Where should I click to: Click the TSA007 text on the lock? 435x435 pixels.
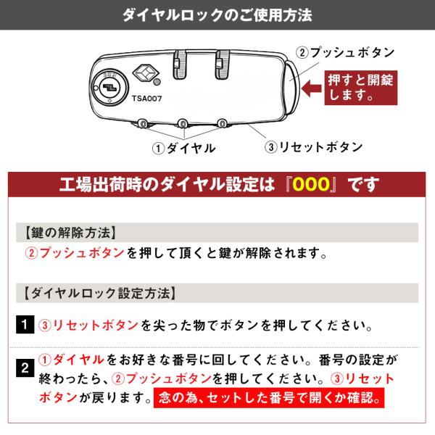coord(146,99)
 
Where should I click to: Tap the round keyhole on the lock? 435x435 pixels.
coord(110,87)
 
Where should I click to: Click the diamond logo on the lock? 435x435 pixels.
coord(146,73)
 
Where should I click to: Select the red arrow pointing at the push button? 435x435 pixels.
coord(312,88)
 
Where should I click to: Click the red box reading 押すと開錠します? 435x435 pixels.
coord(361,88)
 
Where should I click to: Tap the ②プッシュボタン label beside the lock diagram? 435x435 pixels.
coord(345,52)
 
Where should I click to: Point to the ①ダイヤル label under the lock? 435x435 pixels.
coord(183,148)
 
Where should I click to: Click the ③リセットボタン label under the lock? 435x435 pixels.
coord(313,147)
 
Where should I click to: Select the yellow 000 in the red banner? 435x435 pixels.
coord(311,184)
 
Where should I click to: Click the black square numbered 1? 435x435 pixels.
coord(25,324)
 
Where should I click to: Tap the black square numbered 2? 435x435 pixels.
coord(25,368)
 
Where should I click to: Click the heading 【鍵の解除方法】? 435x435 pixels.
coord(70,233)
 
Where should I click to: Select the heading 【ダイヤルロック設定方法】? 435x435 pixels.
coord(100,293)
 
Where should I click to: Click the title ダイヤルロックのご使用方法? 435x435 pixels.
coord(217,15)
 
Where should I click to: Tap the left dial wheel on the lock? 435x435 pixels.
coord(143,123)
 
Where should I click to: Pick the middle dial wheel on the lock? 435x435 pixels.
coord(183,123)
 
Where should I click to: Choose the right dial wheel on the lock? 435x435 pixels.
coord(222,123)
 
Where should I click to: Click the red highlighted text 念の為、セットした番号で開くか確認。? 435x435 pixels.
coord(269,398)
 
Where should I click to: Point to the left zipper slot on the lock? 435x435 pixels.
coord(180,65)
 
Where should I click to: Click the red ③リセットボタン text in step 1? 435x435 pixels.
coord(88,325)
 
